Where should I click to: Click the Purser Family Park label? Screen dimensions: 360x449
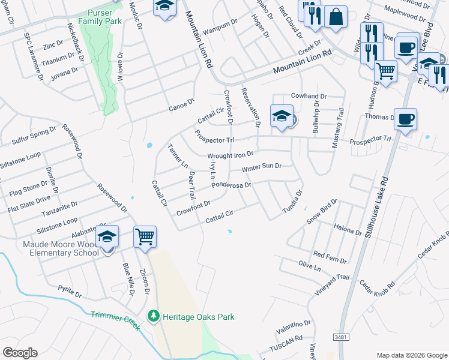(x=104, y=17)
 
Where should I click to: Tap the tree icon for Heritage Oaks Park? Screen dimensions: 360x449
(x=154, y=316)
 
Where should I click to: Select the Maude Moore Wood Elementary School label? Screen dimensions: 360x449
(x=61, y=248)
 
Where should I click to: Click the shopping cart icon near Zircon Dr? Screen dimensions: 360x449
(x=145, y=236)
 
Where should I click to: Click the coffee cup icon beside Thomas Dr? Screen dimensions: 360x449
(x=406, y=118)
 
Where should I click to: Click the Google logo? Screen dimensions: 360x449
(x=20, y=353)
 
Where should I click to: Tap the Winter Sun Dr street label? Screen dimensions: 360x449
(x=262, y=167)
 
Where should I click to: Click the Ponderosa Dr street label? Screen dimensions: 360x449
(x=231, y=185)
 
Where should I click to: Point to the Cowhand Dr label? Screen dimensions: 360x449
(x=309, y=96)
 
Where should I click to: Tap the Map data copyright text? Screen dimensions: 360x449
(x=411, y=355)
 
